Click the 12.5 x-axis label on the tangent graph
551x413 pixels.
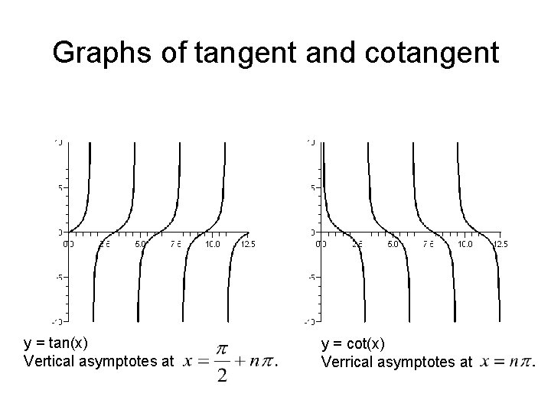point(248,244)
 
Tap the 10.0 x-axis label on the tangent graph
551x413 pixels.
point(212,244)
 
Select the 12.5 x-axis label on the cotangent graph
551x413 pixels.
point(500,244)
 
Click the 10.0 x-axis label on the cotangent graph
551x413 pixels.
point(465,244)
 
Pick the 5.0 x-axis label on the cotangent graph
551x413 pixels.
point(393,244)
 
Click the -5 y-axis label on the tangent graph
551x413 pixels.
point(58,277)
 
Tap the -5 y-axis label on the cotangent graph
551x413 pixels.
point(311,277)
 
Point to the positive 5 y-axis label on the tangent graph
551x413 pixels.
point(60,187)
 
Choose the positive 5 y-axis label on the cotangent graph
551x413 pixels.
point(312,187)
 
